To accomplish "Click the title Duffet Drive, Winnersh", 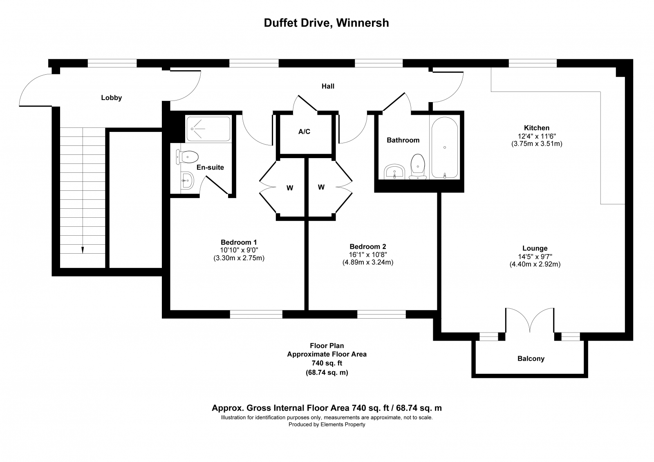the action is point(327,23).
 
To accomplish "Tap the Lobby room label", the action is point(111,98).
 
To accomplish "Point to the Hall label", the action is point(328,86).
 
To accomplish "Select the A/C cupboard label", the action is point(304,132).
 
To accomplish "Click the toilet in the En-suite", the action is point(187,157).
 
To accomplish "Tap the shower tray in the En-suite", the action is point(208,129).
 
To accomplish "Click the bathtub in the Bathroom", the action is point(445,148).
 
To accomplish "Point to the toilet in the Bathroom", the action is point(418,167).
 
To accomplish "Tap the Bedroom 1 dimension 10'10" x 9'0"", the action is point(239,250).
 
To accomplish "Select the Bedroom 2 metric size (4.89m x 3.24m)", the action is point(368,262).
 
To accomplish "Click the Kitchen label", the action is point(537,128).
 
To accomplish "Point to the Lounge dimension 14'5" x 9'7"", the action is point(535,257).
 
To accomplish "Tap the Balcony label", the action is point(531,359).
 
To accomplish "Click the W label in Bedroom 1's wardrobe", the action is point(290,188).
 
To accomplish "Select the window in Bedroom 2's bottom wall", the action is point(381,314).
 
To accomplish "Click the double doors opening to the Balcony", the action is point(530,320).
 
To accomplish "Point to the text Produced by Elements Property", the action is point(327,425).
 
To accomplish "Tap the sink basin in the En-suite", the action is point(187,181).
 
